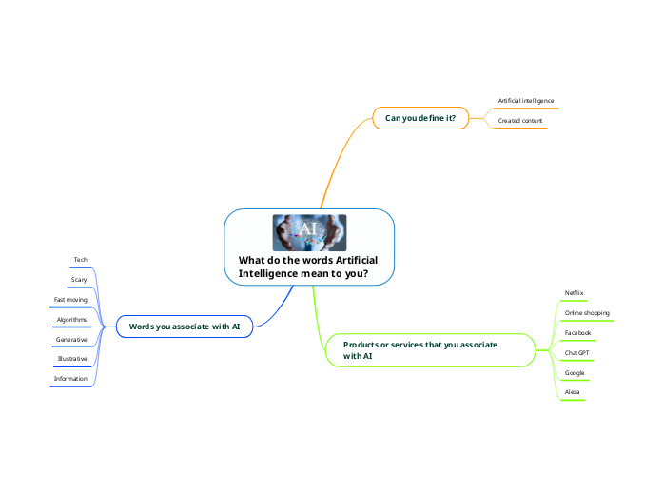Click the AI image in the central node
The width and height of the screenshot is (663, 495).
coord(309,232)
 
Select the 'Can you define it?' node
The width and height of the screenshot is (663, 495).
coord(419,118)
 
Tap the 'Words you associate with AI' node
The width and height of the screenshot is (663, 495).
coord(185,327)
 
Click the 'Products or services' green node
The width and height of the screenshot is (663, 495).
coord(419,349)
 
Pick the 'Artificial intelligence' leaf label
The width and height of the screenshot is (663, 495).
coord(526,100)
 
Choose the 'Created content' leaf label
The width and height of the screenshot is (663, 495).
coord(520,121)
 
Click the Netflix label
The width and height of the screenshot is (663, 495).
coord(574,292)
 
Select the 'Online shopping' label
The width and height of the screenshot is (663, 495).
coord(587,312)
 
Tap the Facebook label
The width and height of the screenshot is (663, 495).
coord(577,333)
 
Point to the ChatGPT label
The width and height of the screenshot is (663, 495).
coord(576,353)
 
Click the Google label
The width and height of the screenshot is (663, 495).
coord(575,373)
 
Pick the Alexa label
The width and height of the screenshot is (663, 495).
coord(573,392)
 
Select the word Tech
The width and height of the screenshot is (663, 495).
coord(81,260)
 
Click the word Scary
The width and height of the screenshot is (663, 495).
coord(79,280)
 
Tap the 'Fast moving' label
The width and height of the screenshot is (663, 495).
coord(70,300)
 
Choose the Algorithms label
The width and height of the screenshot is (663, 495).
coord(71,320)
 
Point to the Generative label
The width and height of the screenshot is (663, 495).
coord(71,340)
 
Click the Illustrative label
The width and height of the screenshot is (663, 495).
coord(71,359)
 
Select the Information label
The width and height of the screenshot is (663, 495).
coord(70,379)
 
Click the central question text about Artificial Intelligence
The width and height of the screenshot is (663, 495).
coord(308,267)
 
